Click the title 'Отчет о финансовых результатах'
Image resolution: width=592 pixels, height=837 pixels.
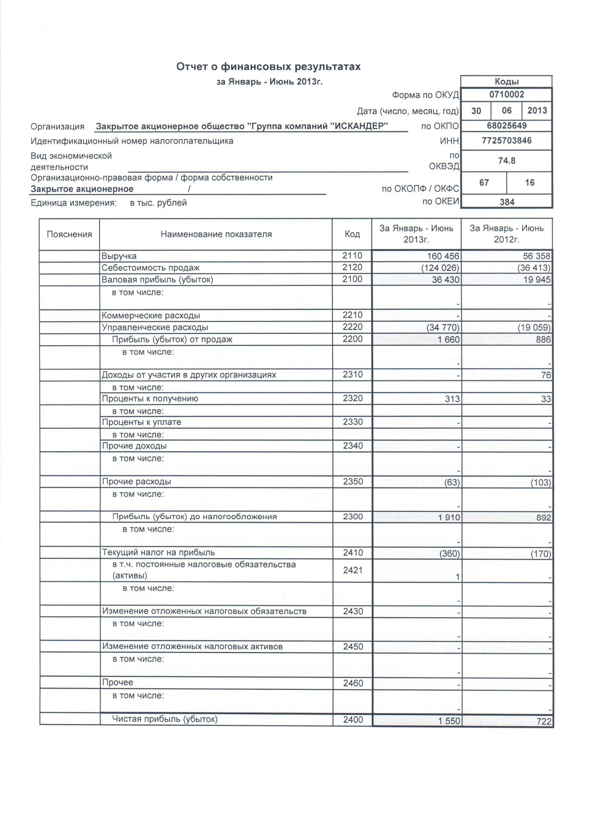268,67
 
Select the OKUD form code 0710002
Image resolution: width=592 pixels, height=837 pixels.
506,95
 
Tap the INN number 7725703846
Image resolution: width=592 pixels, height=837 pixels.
506,140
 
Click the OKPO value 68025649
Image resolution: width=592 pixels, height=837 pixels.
506,126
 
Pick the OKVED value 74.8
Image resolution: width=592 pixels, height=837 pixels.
506,160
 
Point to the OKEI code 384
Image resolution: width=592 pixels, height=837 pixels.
507,202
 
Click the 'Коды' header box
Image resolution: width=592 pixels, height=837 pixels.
506,81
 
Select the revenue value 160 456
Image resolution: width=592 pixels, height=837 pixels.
443,256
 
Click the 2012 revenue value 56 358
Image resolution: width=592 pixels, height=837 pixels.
537,256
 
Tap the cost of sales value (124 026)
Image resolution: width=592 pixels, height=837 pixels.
440,268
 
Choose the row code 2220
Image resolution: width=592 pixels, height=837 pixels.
352,327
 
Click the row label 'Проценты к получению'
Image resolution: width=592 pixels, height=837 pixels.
150,399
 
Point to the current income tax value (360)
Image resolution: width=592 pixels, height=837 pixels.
450,554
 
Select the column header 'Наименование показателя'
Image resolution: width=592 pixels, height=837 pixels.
216,234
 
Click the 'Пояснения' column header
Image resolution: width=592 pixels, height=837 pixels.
69,234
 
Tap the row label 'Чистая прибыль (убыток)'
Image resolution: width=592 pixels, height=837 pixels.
165,719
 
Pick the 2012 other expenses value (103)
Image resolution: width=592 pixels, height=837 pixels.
541,483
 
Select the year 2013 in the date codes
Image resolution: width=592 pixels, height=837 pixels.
537,110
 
